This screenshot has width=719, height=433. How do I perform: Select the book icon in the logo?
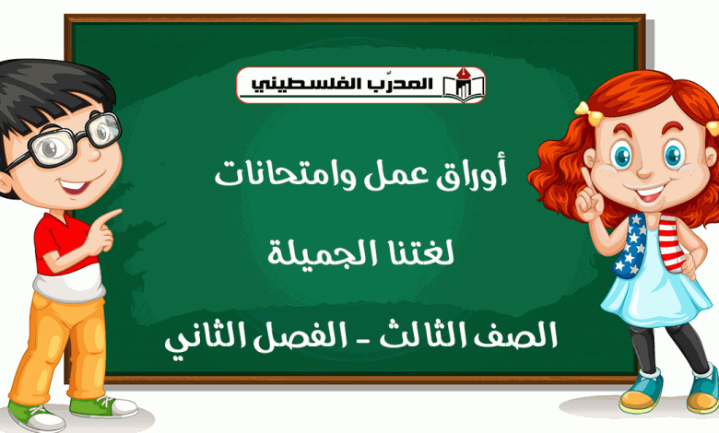[464, 85]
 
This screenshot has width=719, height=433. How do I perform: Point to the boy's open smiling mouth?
[74, 186]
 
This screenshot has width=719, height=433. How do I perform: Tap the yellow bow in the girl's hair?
[588, 112]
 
